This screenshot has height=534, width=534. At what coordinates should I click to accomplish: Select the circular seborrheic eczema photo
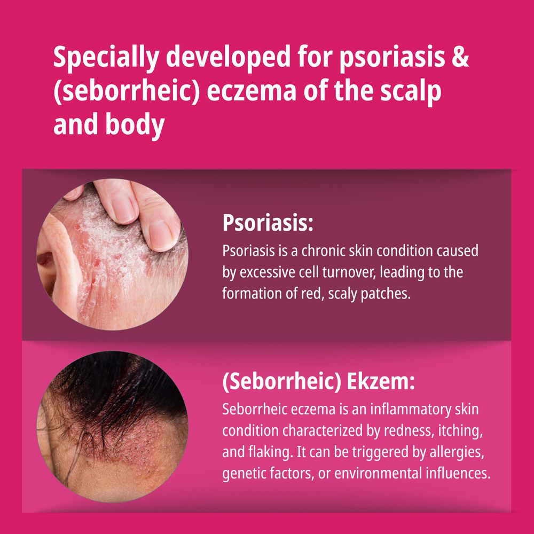coord(112,426)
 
